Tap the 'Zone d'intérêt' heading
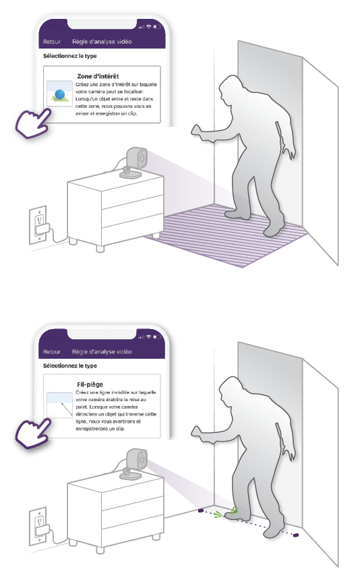coord(98,76)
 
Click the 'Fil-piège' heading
coord(90,384)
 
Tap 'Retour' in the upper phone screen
coord(51,42)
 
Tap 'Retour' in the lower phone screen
coord(51,352)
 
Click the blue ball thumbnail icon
coord(60,94)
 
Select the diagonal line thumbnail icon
coord(60,405)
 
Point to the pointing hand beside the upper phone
coord(33,123)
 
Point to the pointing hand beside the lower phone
coord(33,433)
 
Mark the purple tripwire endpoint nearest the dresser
coord(200,510)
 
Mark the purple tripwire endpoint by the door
coord(296,535)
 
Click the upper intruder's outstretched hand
coord(199,132)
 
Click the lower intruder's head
coord(231,388)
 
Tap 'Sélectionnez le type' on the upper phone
coord(70,56)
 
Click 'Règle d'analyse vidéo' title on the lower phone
coord(102,352)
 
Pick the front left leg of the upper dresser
coord(100,248)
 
